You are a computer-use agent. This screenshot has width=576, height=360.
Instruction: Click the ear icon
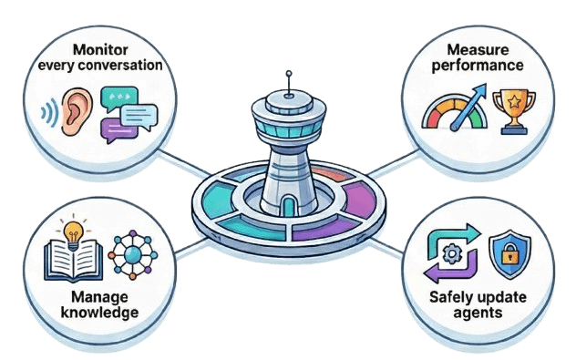[77, 110]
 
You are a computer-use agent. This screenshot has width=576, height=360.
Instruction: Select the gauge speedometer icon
[450, 112]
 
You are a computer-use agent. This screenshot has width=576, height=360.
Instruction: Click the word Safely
[452, 297]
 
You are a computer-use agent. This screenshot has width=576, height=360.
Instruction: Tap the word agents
[478, 314]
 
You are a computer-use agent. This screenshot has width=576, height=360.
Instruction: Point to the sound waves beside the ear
[47, 114]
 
